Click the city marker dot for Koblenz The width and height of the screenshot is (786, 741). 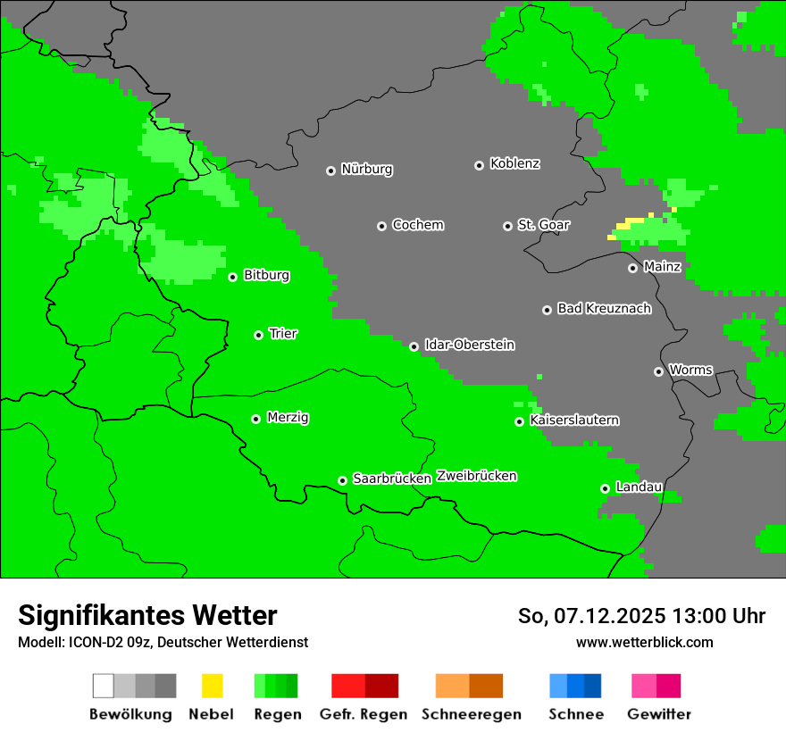(479, 165)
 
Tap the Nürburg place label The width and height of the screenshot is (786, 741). (366, 169)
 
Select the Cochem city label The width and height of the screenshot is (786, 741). (417, 225)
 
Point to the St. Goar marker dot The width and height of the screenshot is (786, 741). (507, 226)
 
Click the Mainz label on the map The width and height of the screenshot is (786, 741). (662, 267)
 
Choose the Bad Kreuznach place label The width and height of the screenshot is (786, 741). (604, 309)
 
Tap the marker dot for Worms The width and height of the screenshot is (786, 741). (658, 371)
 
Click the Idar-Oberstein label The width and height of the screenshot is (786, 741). (469, 345)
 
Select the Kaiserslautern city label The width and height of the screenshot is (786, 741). (574, 420)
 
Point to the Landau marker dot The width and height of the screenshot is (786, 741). (605, 488)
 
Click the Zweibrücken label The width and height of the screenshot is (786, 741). (476, 476)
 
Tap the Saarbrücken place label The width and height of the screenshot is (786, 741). (392, 479)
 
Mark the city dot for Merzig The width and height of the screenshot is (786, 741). (255, 419)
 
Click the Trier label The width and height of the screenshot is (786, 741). (283, 334)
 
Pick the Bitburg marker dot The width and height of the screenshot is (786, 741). (232, 277)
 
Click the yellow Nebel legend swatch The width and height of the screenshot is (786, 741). (212, 686)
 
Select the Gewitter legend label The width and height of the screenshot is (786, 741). (658, 714)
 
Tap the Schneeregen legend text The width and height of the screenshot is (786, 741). (471, 714)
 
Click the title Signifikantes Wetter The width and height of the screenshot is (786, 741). (147, 615)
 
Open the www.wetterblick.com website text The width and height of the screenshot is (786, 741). (644, 642)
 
